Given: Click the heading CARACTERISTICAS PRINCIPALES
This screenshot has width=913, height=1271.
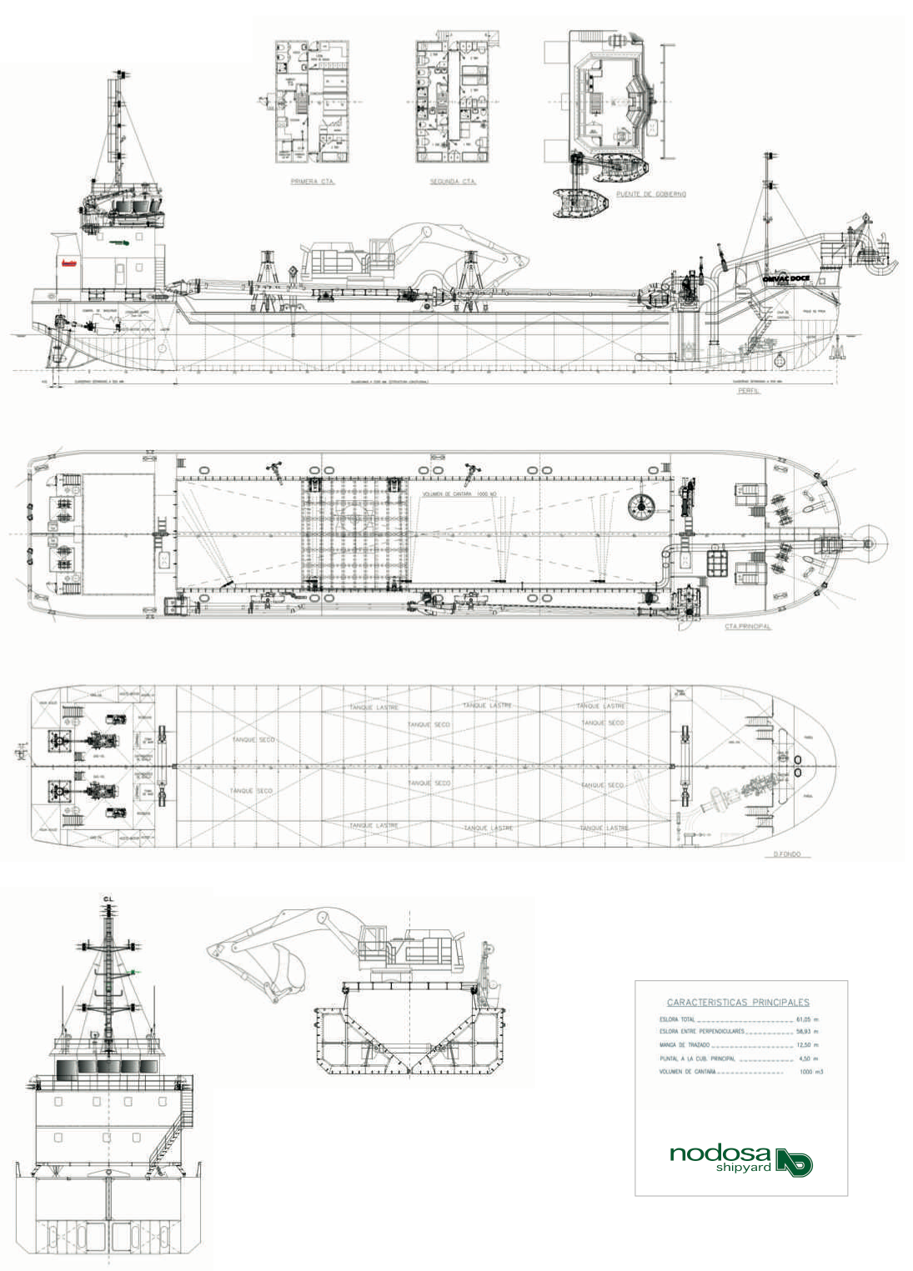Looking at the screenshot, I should [737, 1003].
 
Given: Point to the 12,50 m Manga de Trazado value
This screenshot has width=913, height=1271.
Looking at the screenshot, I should [807, 1044].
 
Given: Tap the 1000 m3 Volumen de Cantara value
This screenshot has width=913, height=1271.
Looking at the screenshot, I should [810, 1072].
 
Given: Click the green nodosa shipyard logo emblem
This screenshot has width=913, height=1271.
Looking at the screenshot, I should [794, 1162].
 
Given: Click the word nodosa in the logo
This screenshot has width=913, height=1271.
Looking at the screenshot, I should [720, 1153].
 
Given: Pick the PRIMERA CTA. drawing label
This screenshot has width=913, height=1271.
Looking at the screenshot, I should [313, 181].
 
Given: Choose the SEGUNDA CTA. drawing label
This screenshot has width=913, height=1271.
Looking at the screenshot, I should [453, 181].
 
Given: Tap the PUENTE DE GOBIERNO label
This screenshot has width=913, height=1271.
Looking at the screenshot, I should [650, 194].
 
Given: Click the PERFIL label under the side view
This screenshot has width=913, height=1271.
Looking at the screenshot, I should [748, 390].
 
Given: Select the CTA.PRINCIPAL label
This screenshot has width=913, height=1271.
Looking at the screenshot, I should [747, 626].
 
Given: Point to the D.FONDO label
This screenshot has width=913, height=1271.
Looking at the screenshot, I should [786, 854].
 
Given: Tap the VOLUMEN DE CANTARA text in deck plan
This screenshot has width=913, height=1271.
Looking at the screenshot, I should [459, 494].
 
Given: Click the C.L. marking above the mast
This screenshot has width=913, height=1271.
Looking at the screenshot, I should [108, 898].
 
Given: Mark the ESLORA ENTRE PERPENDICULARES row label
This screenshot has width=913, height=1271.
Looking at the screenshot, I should [701, 1032].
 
